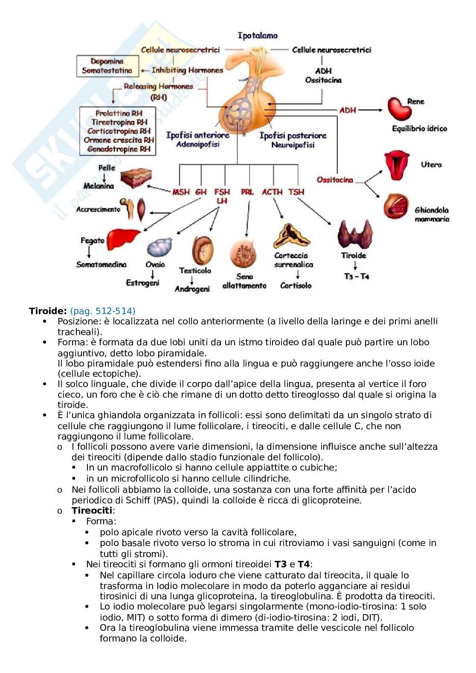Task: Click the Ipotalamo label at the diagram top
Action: click(257, 36)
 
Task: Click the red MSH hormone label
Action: click(181, 192)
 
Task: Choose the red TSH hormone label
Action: click(296, 192)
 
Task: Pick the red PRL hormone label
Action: click(247, 192)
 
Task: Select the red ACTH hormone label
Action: click(272, 192)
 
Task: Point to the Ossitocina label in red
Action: click(335, 180)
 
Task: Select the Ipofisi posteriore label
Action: click(293, 136)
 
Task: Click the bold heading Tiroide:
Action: click(48, 311)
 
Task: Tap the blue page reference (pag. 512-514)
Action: click(102, 311)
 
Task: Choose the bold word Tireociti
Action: click(92, 511)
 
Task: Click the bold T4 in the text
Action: click(303, 564)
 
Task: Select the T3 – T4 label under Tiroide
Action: click(356, 276)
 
